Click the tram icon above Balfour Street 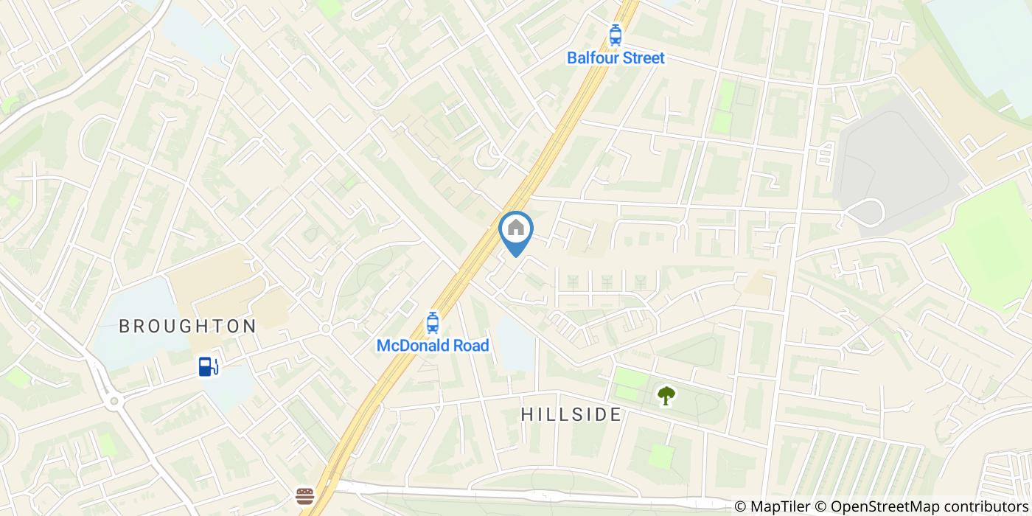tap(615, 35)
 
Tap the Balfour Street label tap(615, 57)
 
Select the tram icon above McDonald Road tap(433, 322)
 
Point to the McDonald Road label tap(433, 345)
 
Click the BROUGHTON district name tap(187, 326)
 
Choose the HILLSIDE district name tap(571, 414)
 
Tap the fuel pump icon tap(209, 366)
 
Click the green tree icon tap(666, 396)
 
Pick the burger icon tap(304, 496)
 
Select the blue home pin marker tap(516, 230)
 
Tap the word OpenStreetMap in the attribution tap(878, 506)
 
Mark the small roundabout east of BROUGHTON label tap(324, 329)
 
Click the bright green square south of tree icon tap(661, 456)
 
